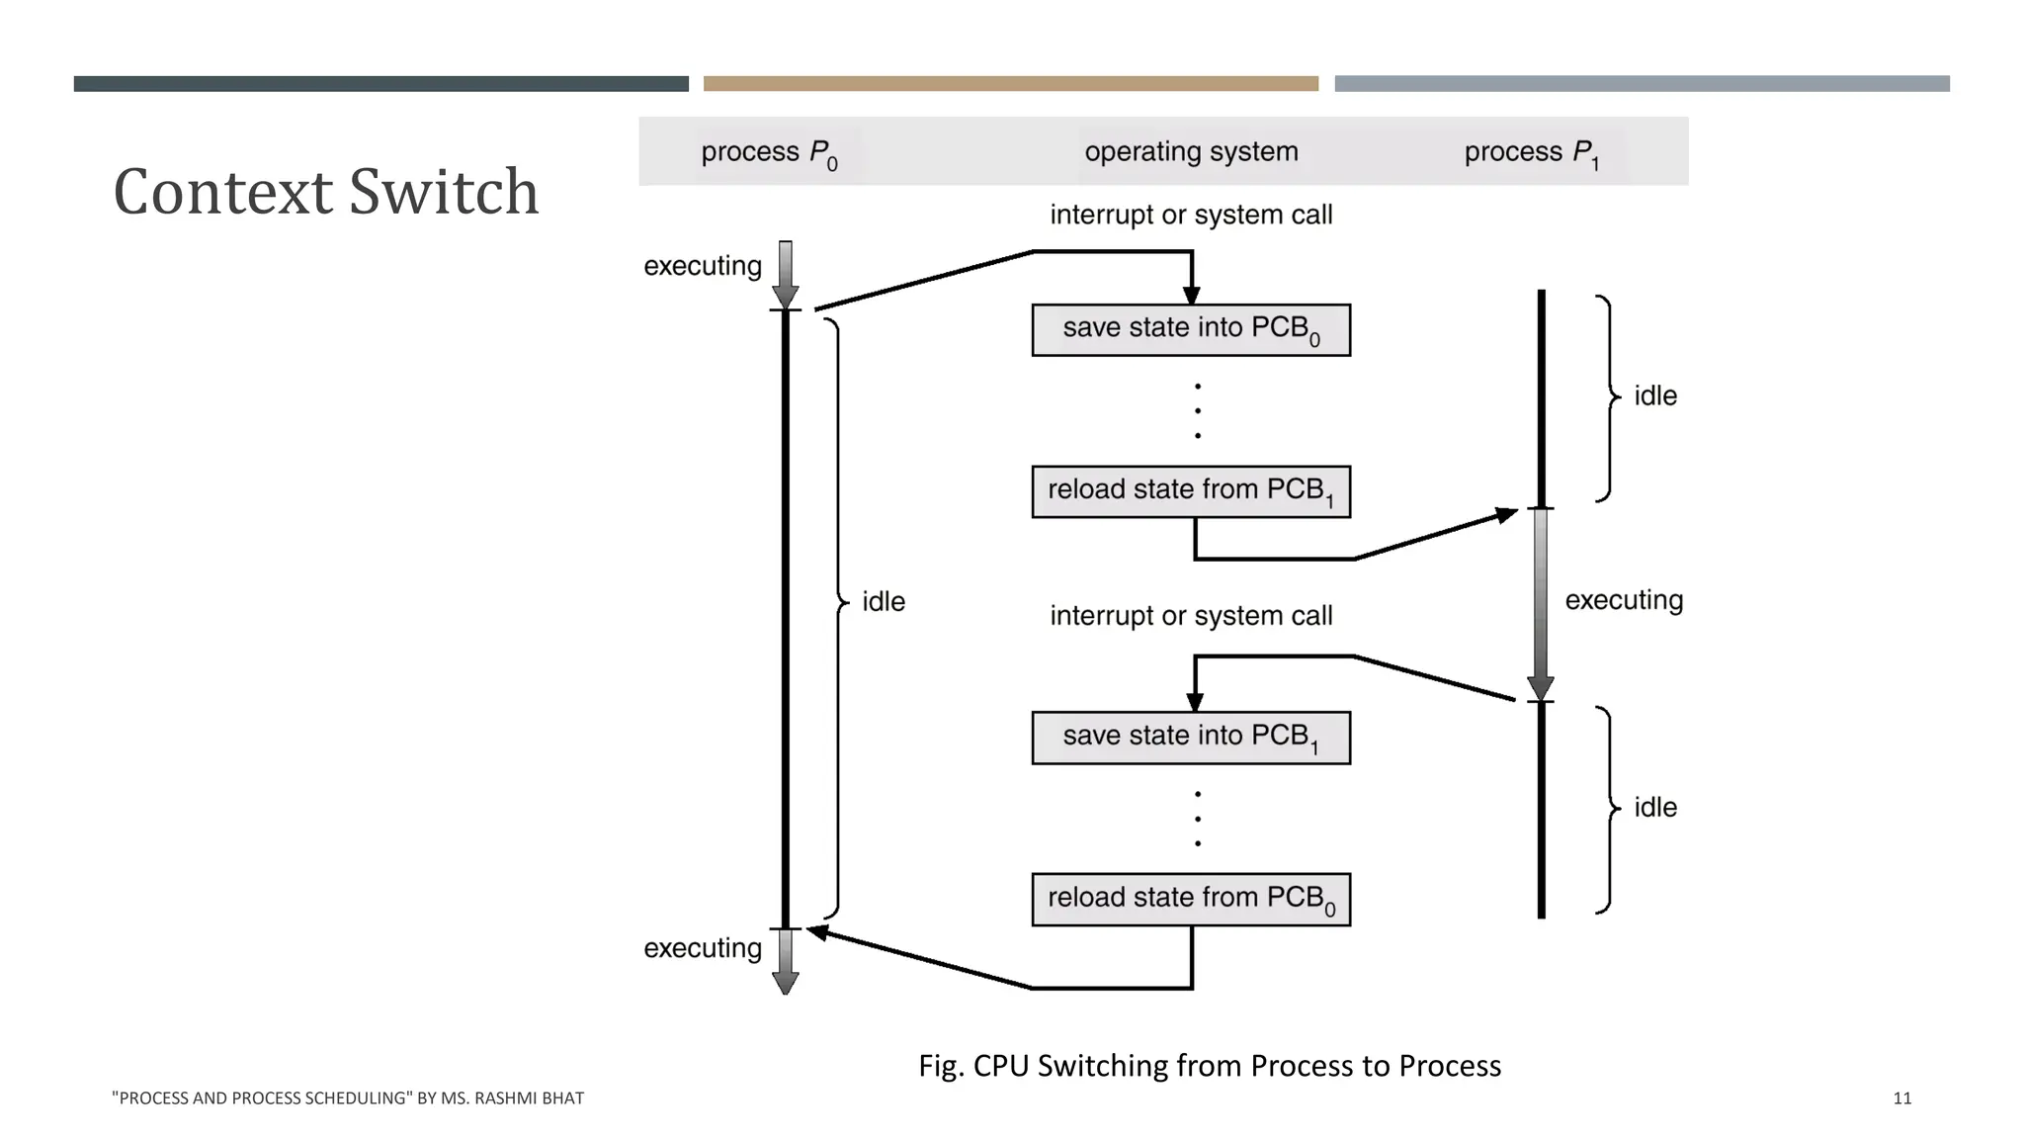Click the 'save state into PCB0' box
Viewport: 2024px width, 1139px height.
click(1190, 329)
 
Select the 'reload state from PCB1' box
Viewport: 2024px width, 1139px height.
click(1190, 491)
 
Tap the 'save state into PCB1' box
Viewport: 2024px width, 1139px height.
click(1190, 738)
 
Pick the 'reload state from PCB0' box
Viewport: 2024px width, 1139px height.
click(1190, 899)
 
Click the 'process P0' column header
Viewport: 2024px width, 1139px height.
click(769, 153)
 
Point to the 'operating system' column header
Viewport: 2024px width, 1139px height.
click(1191, 151)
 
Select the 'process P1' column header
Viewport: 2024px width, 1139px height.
click(1531, 153)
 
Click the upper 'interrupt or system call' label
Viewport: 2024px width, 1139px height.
click(1190, 215)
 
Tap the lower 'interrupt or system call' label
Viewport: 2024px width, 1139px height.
click(1190, 616)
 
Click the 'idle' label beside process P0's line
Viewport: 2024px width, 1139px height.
click(883, 601)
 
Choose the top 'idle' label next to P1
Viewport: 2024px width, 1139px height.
click(1654, 395)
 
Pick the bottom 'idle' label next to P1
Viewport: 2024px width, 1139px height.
click(1654, 807)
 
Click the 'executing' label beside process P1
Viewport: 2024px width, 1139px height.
click(1623, 600)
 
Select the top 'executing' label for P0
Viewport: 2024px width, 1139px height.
click(702, 266)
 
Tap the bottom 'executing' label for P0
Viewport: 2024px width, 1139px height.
click(702, 948)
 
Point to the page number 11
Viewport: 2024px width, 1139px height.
click(1901, 1097)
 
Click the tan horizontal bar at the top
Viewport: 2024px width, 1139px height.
click(1010, 84)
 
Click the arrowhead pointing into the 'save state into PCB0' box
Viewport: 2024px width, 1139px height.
click(1191, 296)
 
